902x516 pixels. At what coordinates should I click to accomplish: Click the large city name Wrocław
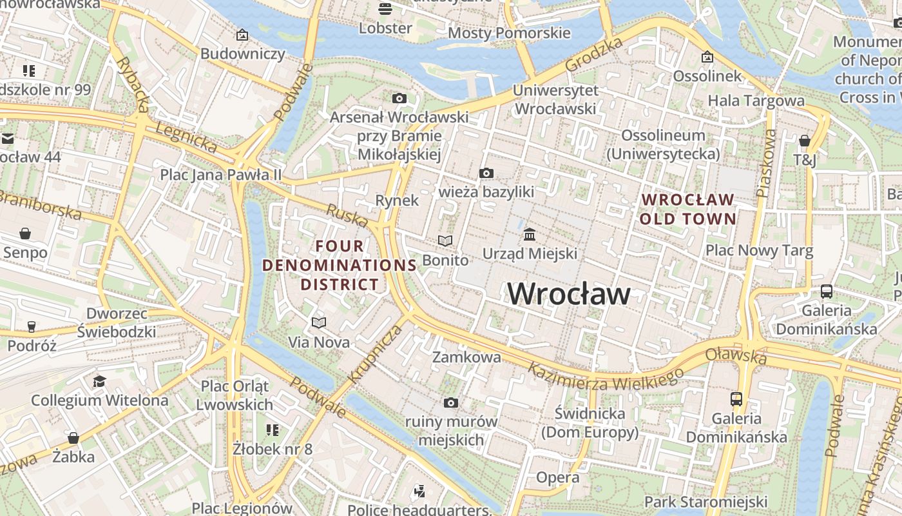tap(569, 294)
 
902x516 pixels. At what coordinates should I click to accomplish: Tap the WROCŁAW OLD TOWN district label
tap(687, 209)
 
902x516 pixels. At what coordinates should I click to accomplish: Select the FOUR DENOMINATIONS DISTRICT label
tap(340, 265)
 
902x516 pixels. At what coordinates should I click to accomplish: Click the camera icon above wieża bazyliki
tap(486, 173)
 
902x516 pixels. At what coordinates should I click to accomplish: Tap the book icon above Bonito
tap(445, 241)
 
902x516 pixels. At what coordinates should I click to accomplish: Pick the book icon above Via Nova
tap(319, 322)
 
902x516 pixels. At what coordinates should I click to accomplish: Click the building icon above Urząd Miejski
tap(530, 234)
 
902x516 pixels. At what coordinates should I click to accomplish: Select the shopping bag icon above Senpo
tap(25, 233)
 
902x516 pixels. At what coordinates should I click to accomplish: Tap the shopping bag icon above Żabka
tap(73, 438)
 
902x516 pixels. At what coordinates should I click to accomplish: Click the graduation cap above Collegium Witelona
tap(99, 381)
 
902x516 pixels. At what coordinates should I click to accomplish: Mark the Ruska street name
tap(347, 215)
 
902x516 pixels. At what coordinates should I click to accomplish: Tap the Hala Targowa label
tap(756, 101)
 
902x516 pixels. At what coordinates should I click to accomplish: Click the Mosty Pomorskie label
tap(509, 33)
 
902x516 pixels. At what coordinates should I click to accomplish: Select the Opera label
tap(557, 477)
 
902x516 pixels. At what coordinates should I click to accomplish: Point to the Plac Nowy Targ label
tap(759, 250)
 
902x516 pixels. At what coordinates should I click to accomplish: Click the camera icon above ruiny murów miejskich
tap(451, 402)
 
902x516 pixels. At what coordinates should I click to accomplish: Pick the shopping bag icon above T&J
tap(804, 141)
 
